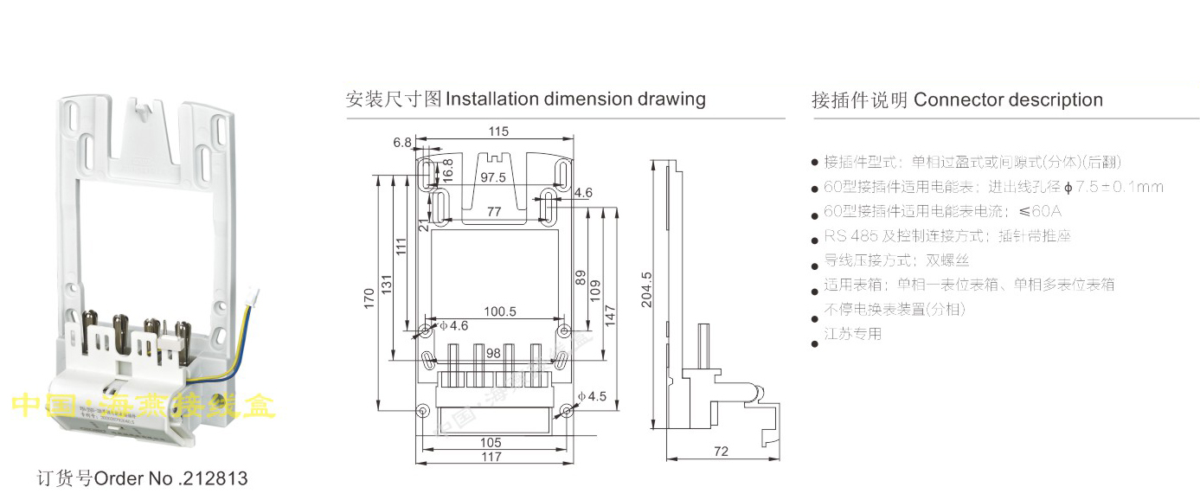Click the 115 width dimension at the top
click(497, 131)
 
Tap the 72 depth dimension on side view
click(722, 451)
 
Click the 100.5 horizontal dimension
click(499, 311)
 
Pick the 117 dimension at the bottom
click(492, 457)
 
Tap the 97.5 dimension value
click(492, 177)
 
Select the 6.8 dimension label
click(402, 143)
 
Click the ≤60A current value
click(1041, 211)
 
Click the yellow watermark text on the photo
click(144, 405)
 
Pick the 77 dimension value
click(494, 211)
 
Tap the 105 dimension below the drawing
click(491, 442)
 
